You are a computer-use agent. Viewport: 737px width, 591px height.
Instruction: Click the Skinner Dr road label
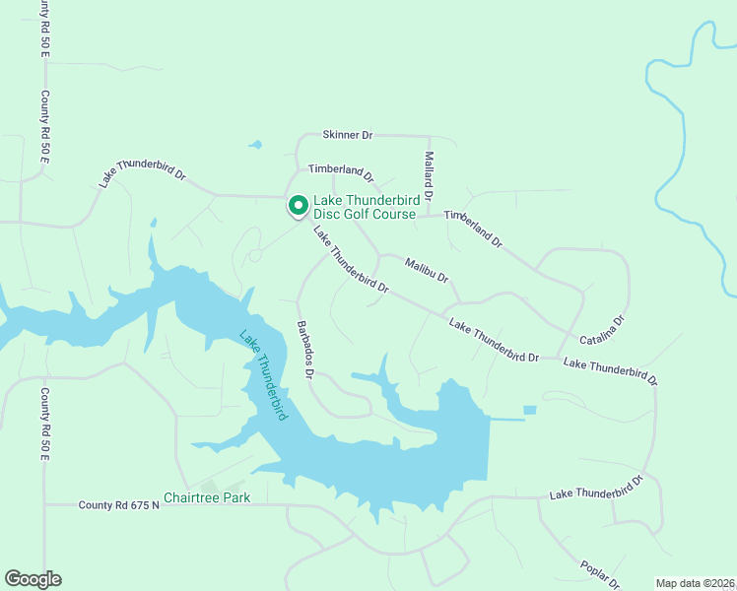click(x=348, y=134)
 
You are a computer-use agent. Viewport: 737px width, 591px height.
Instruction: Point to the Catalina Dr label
click(x=602, y=331)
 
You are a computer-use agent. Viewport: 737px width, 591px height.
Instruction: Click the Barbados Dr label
click(x=305, y=348)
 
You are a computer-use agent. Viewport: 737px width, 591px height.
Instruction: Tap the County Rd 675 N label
click(x=118, y=505)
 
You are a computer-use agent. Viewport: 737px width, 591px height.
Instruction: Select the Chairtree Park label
click(x=207, y=497)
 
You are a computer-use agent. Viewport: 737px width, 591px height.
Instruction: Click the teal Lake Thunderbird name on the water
click(x=263, y=375)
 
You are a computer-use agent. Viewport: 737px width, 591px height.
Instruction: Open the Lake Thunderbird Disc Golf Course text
click(x=367, y=207)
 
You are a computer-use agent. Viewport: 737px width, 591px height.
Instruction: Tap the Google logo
click(x=33, y=579)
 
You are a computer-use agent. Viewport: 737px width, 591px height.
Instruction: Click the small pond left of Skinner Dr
click(x=255, y=146)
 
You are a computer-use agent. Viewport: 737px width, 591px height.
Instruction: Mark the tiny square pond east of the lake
click(x=530, y=410)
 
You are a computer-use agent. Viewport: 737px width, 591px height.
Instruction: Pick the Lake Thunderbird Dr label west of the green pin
click(x=143, y=174)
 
